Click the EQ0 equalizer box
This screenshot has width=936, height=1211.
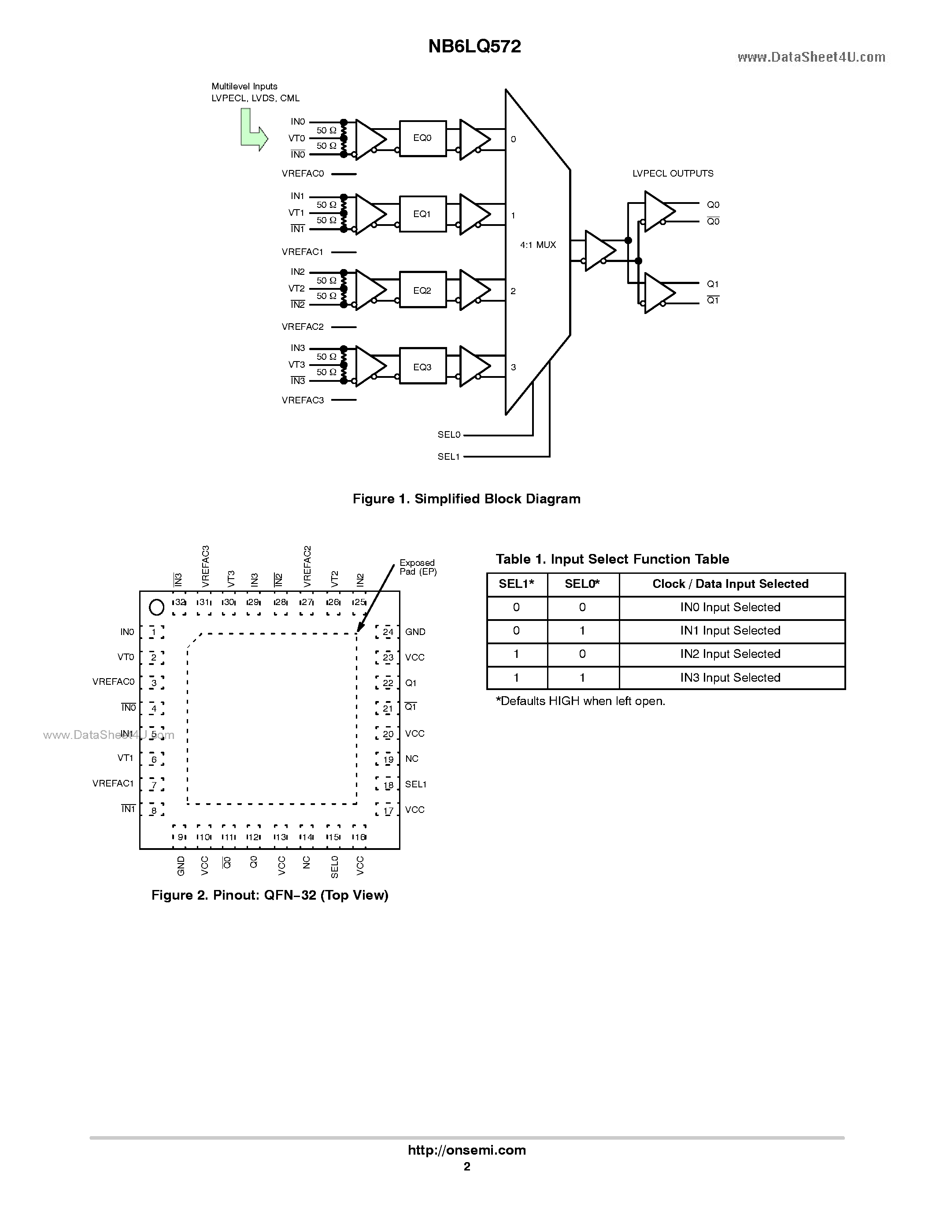[422, 138]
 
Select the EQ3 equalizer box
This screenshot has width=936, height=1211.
[422, 367]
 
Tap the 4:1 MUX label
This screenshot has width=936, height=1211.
[537, 244]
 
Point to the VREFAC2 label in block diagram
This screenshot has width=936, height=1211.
[302, 327]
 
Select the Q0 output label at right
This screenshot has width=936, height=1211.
[713, 205]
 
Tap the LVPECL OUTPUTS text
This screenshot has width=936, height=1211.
[673, 174]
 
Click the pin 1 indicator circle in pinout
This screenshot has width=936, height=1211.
[157, 608]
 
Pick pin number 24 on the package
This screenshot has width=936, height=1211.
[388, 632]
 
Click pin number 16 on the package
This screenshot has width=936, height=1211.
[359, 837]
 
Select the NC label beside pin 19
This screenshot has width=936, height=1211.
[411, 759]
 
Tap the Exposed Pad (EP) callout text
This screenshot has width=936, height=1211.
[418, 567]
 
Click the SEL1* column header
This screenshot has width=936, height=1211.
[516, 584]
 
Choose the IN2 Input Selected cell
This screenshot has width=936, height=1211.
[730, 654]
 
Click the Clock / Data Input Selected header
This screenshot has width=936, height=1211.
[730, 584]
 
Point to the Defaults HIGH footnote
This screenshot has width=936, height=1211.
[580, 701]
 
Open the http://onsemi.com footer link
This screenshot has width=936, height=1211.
[466, 1150]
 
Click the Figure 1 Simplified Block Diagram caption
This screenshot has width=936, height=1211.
[466, 499]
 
